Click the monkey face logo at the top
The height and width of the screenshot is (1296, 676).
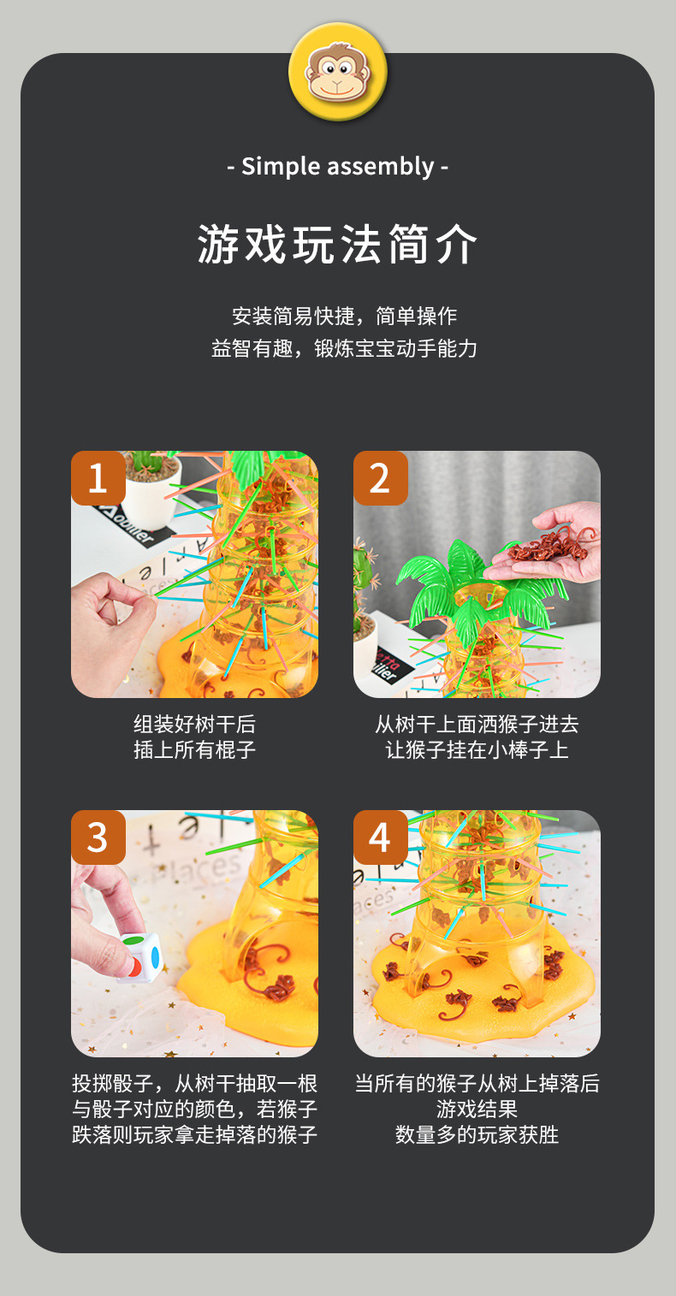pos(337,72)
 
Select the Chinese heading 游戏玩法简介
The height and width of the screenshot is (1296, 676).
pos(337,246)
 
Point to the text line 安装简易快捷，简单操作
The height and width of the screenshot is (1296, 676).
pos(345,316)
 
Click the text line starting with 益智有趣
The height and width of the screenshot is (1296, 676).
pos(344,348)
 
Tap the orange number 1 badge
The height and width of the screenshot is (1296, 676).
pos(98,477)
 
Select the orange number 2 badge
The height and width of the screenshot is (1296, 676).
pos(380,477)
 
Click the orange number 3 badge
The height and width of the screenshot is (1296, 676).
pos(98,837)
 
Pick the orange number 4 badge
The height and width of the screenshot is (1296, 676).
pos(380,837)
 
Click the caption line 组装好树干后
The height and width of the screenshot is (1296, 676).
pos(194,725)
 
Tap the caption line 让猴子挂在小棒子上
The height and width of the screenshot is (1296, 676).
pos(477,750)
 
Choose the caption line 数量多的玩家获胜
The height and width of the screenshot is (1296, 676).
pos(477,1135)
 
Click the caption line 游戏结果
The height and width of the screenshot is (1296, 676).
pos(477,1110)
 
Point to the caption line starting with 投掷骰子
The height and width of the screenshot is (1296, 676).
pos(194,1084)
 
